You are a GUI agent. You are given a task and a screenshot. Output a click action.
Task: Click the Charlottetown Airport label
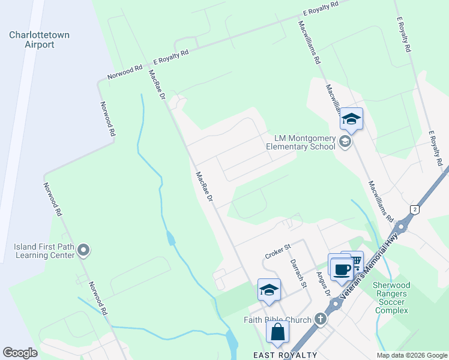click(x=39, y=40)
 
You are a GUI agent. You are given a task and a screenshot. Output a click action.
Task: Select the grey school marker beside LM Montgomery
click(x=345, y=142)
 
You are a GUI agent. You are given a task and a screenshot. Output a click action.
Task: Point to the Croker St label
click(x=278, y=247)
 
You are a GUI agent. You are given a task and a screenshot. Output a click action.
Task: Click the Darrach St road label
click(x=298, y=273)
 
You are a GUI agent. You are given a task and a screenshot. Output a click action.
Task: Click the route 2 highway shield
click(x=414, y=208)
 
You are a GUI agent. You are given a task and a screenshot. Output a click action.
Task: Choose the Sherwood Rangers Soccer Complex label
click(x=390, y=298)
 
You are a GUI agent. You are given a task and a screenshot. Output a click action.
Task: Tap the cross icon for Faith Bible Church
click(x=321, y=319)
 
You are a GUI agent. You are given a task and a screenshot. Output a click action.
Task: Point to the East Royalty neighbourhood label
click(x=285, y=355)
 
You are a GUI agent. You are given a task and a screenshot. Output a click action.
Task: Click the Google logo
click(x=20, y=353)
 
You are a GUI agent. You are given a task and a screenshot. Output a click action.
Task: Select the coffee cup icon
click(x=342, y=269)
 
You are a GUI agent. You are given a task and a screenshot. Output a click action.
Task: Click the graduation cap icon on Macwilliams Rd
click(x=352, y=119)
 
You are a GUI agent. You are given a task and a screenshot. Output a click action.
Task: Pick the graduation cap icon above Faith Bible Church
click(x=269, y=290)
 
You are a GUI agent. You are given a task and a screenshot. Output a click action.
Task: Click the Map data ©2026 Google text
click(x=412, y=355)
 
